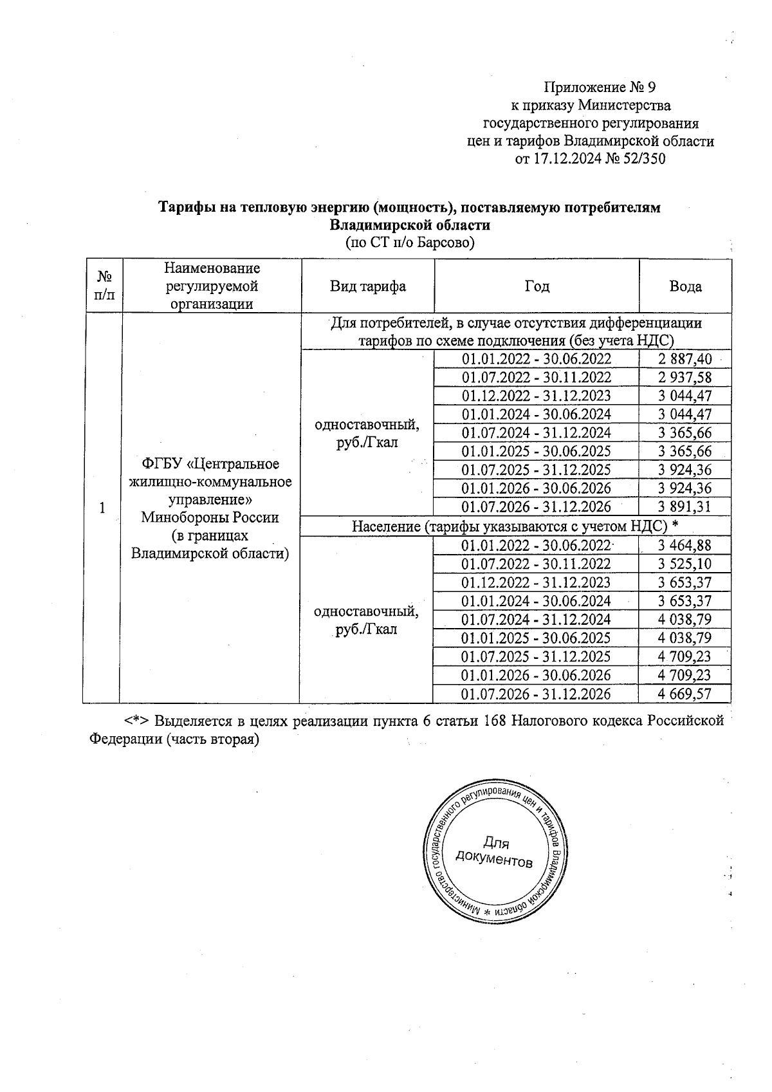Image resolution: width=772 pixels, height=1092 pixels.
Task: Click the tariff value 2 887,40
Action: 685,359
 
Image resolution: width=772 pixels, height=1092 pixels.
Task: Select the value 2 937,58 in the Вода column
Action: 685,378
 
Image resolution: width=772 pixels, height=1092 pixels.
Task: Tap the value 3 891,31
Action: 685,507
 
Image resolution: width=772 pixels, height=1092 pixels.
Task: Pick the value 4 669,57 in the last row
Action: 685,694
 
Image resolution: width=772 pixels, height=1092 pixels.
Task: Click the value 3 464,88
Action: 685,546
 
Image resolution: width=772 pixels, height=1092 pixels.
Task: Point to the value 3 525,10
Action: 685,564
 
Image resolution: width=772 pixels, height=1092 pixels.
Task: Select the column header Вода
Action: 685,287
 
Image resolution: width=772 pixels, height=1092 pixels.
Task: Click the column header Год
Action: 537,287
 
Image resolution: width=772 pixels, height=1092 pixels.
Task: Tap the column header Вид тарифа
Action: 368,286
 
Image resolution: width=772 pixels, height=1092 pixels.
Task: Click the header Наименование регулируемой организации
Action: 212,286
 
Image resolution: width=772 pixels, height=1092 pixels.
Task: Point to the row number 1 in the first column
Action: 102,508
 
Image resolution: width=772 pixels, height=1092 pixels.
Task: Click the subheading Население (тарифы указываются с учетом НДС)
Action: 515,526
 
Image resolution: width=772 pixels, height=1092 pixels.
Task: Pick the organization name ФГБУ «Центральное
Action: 211,464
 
